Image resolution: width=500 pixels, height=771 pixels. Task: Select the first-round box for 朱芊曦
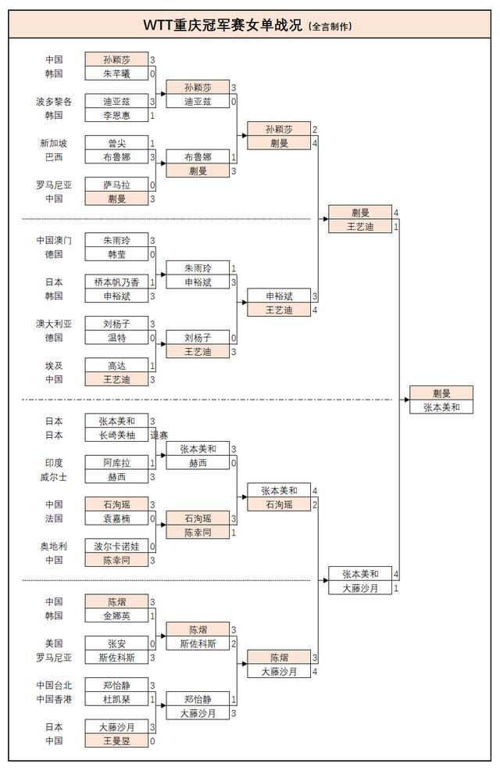[116, 74]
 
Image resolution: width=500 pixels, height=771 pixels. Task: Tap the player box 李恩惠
[116, 116]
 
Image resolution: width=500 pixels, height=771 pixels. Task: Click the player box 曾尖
[116, 143]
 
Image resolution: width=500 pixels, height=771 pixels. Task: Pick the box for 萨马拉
[116, 185]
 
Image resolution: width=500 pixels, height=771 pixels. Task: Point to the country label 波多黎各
[54, 102]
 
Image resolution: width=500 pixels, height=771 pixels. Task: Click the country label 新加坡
[54, 143]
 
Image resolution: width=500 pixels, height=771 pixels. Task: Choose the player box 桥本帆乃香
[116, 282]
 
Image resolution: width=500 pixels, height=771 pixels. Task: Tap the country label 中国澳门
[54, 241]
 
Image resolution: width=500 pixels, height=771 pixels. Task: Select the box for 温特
[116, 338]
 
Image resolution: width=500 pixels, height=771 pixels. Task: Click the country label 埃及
[54, 365]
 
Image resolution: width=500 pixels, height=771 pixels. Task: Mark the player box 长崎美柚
[116, 435]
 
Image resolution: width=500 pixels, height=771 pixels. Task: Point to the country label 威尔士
[54, 476]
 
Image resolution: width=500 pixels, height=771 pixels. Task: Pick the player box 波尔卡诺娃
[116, 547]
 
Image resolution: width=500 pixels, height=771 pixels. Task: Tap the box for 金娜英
[116, 615]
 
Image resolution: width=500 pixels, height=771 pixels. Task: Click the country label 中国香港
[54, 699]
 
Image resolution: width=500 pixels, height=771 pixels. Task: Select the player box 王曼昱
[116, 741]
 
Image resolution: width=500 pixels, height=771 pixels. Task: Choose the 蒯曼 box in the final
[441, 393]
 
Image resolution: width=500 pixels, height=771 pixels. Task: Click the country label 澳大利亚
[54, 324]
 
